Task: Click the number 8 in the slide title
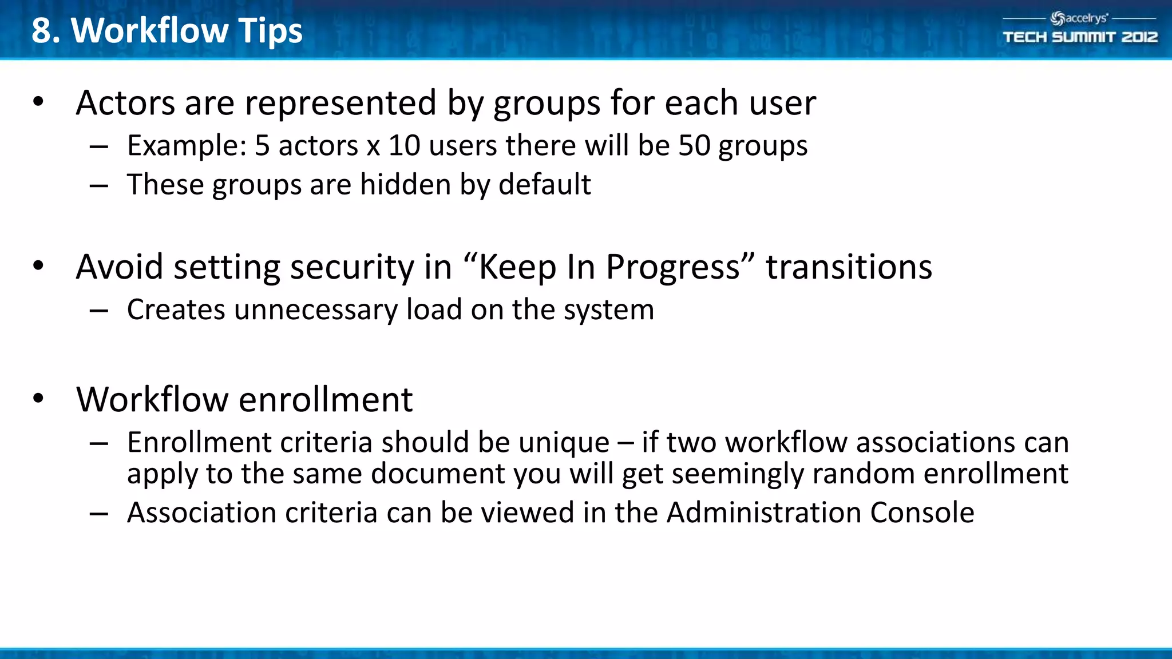pos(42,30)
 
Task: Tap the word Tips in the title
pos(270,30)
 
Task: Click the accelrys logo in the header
pos(1079,18)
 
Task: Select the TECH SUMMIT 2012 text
pos(1080,37)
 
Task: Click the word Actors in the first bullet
pos(125,103)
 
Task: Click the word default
pos(544,185)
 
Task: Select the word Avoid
pos(120,267)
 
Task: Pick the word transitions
pos(849,267)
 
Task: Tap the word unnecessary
pos(315,310)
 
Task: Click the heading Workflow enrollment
pos(244,399)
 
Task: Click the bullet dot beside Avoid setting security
pos(38,266)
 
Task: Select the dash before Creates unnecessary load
pos(99,311)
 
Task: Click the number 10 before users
pos(404,145)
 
